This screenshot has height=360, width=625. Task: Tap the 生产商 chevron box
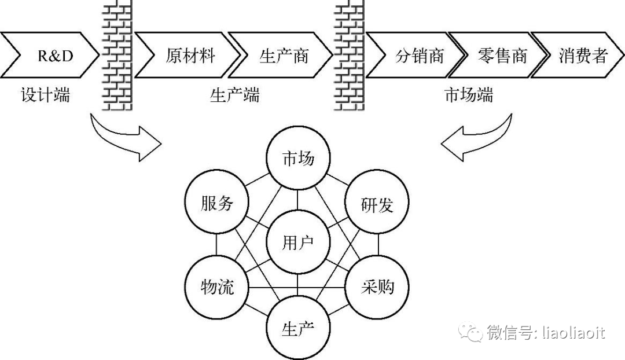[x=283, y=56]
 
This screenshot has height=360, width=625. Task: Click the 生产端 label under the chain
[x=234, y=94]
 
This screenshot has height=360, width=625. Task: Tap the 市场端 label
[x=468, y=94]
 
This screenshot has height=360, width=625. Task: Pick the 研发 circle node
[x=377, y=204]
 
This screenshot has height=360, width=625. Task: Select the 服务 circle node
[x=217, y=204]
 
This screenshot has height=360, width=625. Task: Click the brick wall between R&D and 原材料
[x=116, y=56]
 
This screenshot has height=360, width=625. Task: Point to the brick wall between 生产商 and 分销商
[x=349, y=56]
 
